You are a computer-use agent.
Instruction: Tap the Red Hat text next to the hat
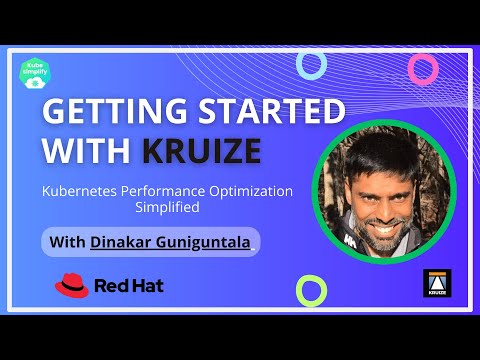129,287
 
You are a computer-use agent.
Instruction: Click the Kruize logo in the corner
436,284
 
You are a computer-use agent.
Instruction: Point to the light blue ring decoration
312,65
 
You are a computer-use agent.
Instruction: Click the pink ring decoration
423,68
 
